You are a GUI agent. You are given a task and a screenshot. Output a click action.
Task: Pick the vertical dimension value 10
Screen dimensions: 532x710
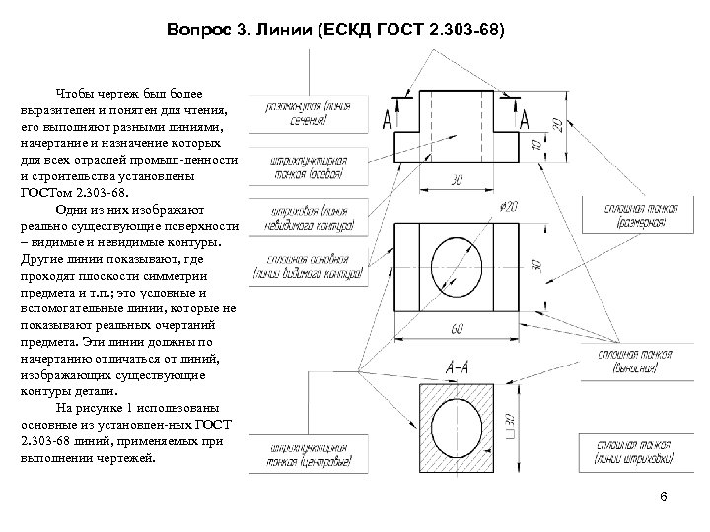coord(534,144)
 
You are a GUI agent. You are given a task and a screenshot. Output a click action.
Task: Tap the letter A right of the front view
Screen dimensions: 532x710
coord(525,118)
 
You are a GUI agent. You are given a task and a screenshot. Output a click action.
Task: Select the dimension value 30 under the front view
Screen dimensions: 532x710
coord(457,181)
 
